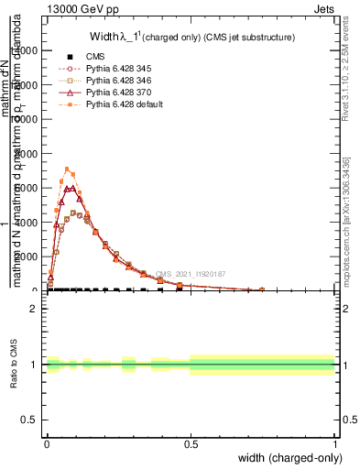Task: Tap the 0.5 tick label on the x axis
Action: [x=191, y=443]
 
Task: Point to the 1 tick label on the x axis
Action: [x=334, y=443]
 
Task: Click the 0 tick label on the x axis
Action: [x=47, y=443]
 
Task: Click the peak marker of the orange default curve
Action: [x=67, y=169]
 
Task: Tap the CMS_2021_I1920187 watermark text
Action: [x=191, y=274]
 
